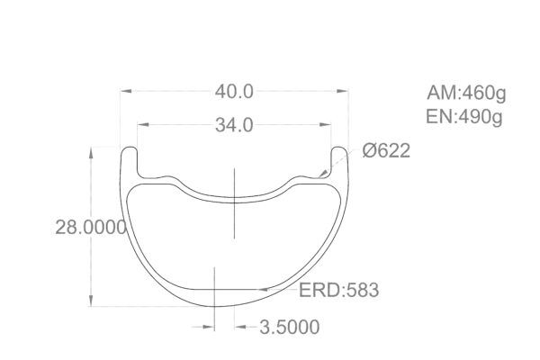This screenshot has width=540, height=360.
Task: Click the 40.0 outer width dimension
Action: click(234, 91)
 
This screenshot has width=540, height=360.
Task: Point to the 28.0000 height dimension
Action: click(90, 229)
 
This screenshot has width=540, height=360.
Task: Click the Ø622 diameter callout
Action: click(386, 151)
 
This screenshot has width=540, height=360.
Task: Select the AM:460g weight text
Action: click(465, 93)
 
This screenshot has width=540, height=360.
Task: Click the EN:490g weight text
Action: click(465, 115)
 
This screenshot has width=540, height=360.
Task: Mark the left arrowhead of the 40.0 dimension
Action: click(125, 91)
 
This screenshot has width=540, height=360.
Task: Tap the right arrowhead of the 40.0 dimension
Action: click(344, 91)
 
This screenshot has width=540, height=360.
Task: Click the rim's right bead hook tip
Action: click(341, 148)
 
